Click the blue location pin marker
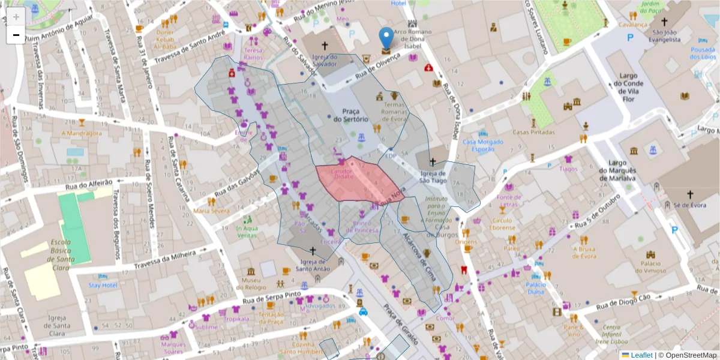[x=387, y=37]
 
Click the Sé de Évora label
[x=690, y=205]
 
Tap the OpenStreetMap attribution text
[x=690, y=355]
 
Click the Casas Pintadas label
[x=533, y=132]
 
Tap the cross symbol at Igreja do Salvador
[x=325, y=45]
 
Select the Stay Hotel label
[x=103, y=285]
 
